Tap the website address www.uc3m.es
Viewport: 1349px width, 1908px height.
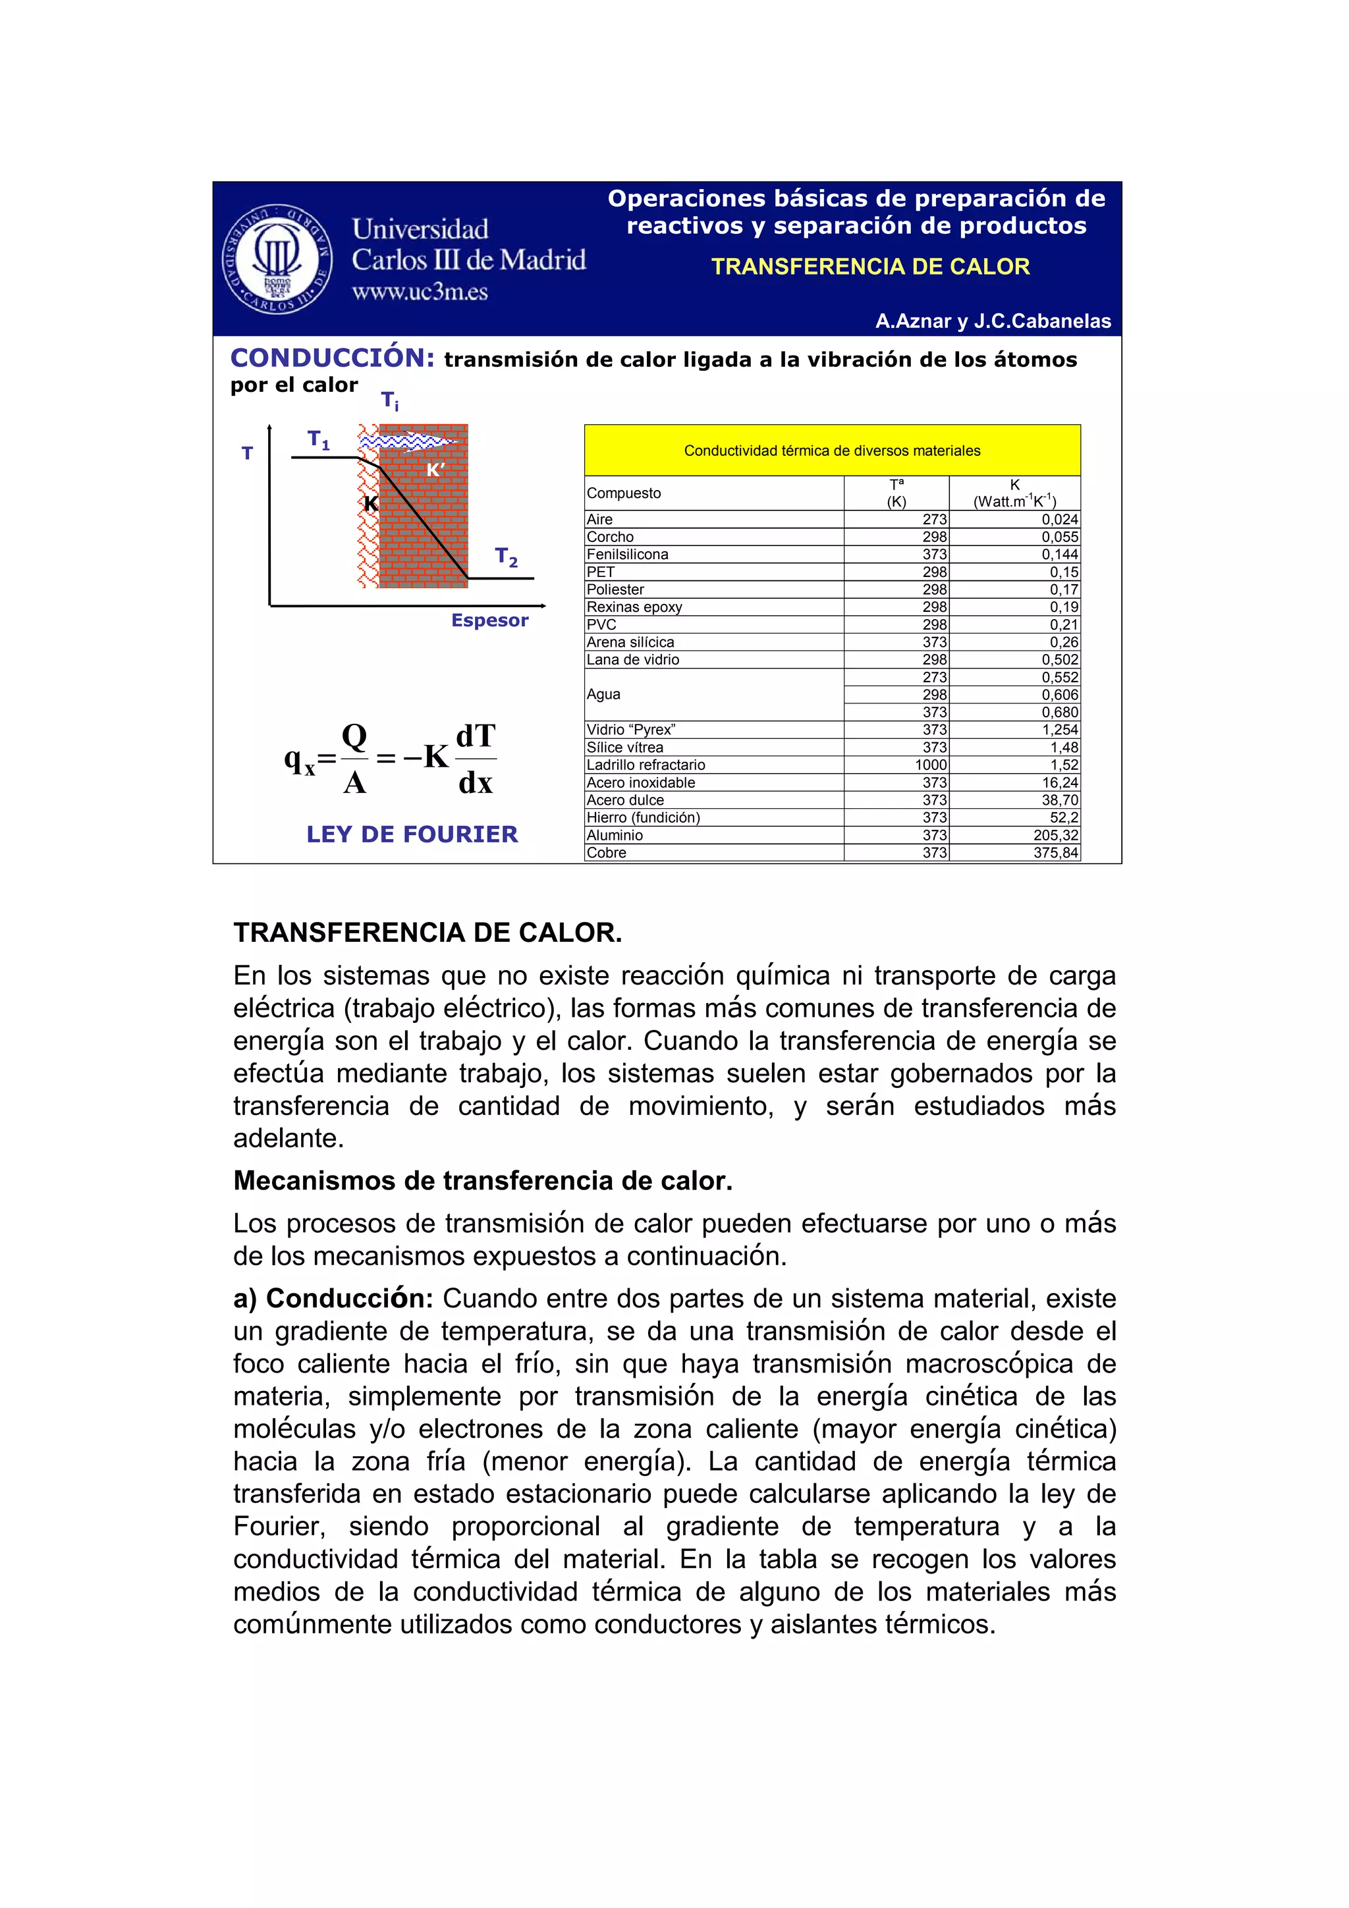coord(420,292)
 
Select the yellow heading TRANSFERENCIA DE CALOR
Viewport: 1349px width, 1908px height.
coord(870,267)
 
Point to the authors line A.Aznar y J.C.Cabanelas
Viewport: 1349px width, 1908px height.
coord(993,321)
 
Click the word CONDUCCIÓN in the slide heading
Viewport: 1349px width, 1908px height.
coord(333,358)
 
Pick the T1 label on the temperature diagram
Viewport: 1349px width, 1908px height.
coord(318,439)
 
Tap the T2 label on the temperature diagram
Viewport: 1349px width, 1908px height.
coord(506,556)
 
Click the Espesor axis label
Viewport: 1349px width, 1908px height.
coord(489,620)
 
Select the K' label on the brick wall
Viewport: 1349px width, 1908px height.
coord(435,470)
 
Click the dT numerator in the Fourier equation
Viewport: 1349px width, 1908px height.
coord(476,736)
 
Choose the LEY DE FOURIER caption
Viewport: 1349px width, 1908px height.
coord(412,834)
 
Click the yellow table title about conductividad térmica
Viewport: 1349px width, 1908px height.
coord(832,450)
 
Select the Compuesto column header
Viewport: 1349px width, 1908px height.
coord(624,493)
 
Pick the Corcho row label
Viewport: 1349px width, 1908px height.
coord(610,537)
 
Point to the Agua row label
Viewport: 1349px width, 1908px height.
coord(603,694)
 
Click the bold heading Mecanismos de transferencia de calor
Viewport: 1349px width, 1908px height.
coord(483,1180)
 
